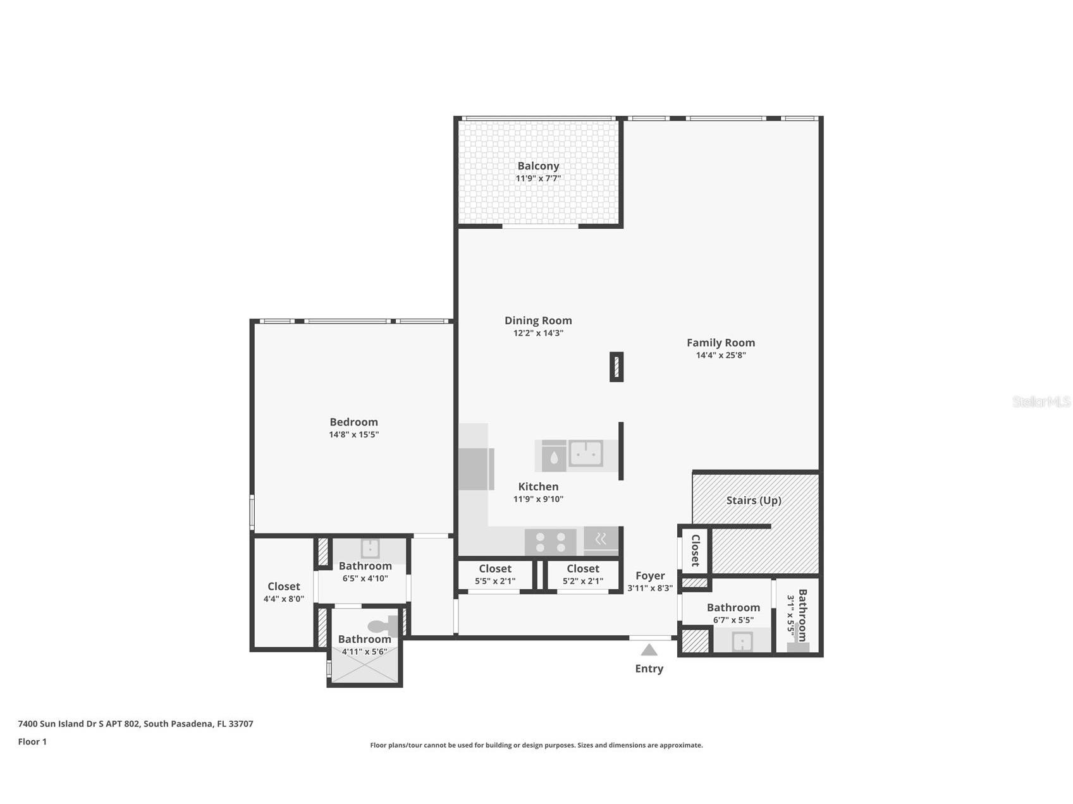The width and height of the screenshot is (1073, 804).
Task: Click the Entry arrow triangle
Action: (649, 650)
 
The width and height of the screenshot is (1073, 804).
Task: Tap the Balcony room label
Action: (538, 166)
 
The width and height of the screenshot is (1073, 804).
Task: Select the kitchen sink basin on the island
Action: (586, 453)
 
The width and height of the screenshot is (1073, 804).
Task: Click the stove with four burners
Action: (550, 542)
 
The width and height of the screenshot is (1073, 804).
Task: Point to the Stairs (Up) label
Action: (754, 501)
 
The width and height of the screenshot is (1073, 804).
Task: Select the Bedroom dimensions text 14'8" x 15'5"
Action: (353, 435)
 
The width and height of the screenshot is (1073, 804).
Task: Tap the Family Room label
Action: (721, 343)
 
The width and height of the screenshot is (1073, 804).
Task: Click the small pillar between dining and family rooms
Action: (616, 367)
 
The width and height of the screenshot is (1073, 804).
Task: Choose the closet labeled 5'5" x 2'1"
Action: (495, 575)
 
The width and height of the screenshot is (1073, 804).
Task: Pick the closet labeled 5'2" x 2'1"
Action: (582, 575)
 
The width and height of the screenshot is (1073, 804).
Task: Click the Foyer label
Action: (650, 576)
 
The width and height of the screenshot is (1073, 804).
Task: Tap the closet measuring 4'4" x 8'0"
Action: (283, 592)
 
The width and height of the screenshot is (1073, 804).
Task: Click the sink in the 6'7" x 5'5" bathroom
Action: (742, 642)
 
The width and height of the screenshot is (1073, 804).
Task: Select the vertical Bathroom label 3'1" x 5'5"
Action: (797, 615)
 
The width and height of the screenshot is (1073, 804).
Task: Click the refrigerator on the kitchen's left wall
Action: (475, 468)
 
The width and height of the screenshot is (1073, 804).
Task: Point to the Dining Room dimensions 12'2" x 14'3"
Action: (538, 333)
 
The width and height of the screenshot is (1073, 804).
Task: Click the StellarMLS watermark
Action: (1041, 401)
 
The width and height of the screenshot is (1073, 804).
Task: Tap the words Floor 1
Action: (32, 742)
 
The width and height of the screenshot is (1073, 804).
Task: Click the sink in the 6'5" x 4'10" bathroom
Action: (370, 548)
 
